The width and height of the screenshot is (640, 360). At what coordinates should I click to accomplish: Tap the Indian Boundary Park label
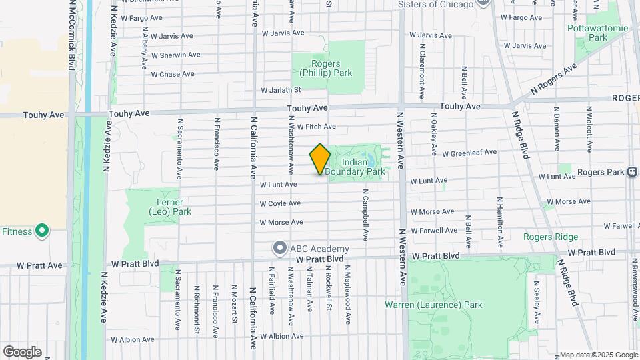coord(364,167)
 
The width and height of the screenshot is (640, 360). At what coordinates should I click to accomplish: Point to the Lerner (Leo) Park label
coord(169,207)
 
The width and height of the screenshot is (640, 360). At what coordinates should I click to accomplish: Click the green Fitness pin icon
coord(41,231)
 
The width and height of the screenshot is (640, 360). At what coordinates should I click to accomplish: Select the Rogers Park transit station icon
coord(631,172)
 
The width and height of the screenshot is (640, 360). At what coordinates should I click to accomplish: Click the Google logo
coord(22,351)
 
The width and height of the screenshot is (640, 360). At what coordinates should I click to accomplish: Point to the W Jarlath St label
coord(281,90)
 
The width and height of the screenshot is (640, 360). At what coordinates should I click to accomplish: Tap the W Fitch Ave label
coord(317,126)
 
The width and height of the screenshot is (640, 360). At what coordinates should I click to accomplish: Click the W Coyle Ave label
coord(280,203)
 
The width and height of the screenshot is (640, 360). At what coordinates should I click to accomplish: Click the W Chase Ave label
coord(173,74)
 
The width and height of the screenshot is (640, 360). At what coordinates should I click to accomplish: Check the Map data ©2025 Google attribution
coord(598,355)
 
